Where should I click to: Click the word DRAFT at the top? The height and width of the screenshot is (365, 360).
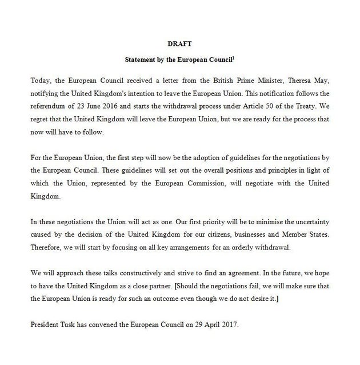click(x=180, y=43)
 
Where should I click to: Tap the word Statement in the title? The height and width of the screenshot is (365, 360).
click(x=143, y=59)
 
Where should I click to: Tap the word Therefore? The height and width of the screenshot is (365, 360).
click(x=46, y=248)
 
